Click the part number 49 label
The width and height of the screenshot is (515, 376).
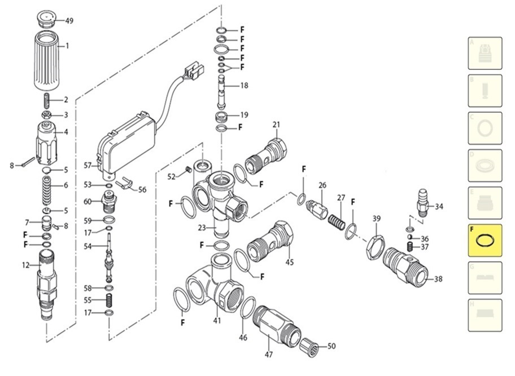pyautogui.click(x=69, y=21)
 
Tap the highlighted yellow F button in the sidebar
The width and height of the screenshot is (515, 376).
pyautogui.click(x=485, y=240)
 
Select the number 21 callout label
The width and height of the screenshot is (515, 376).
pyautogui.click(x=276, y=125)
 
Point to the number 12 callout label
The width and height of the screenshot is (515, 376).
pyautogui.click(x=25, y=265)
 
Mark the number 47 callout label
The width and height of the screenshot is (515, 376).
pyautogui.click(x=269, y=355)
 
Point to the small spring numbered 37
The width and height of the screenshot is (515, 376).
pyautogui.click(x=411, y=247)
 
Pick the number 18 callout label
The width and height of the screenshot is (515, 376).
pyautogui.click(x=244, y=86)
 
